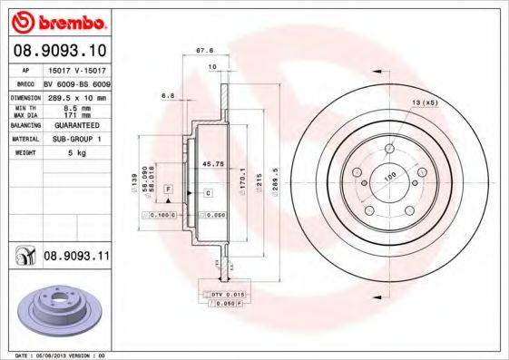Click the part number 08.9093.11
click(x=76, y=258)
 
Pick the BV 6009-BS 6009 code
click(x=76, y=83)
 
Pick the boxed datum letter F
click(x=169, y=186)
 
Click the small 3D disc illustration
click(x=55, y=309)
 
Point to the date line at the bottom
click(x=56, y=355)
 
